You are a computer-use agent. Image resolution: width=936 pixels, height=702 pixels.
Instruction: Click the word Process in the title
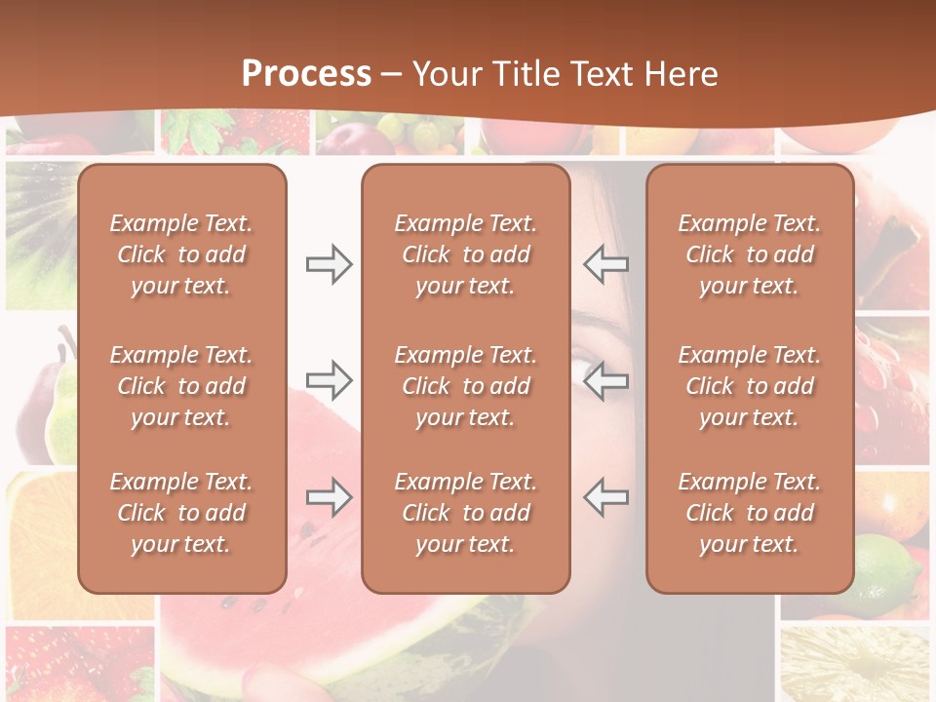[x=306, y=74]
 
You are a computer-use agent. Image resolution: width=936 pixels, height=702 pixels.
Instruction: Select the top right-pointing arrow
[x=329, y=264]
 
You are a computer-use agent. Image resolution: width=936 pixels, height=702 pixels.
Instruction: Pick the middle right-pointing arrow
[x=329, y=380]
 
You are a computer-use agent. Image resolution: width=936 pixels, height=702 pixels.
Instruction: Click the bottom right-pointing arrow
[x=329, y=497]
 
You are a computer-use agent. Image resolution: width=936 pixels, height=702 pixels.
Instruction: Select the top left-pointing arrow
[x=606, y=264]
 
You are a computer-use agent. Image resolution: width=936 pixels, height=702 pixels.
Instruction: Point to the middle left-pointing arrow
[x=606, y=380]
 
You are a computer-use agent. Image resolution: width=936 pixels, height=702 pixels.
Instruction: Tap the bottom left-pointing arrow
[x=606, y=497]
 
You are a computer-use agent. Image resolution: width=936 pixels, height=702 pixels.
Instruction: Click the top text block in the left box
[x=181, y=254]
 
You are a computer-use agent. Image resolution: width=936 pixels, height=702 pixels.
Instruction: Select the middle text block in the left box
[x=181, y=386]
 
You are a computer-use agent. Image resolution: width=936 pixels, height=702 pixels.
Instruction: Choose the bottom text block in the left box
[x=181, y=513]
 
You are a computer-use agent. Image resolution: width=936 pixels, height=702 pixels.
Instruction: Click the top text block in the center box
[x=465, y=254]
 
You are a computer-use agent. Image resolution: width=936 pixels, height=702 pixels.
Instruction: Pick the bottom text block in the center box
[x=465, y=513]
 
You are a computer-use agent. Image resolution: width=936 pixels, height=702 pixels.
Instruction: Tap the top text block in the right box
[x=749, y=254]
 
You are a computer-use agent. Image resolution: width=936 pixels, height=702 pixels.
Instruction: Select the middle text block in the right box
[x=749, y=386]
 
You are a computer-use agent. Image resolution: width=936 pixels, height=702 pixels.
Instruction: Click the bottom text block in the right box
[x=749, y=513]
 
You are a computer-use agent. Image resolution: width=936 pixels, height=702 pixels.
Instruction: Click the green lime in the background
[x=889, y=575]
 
